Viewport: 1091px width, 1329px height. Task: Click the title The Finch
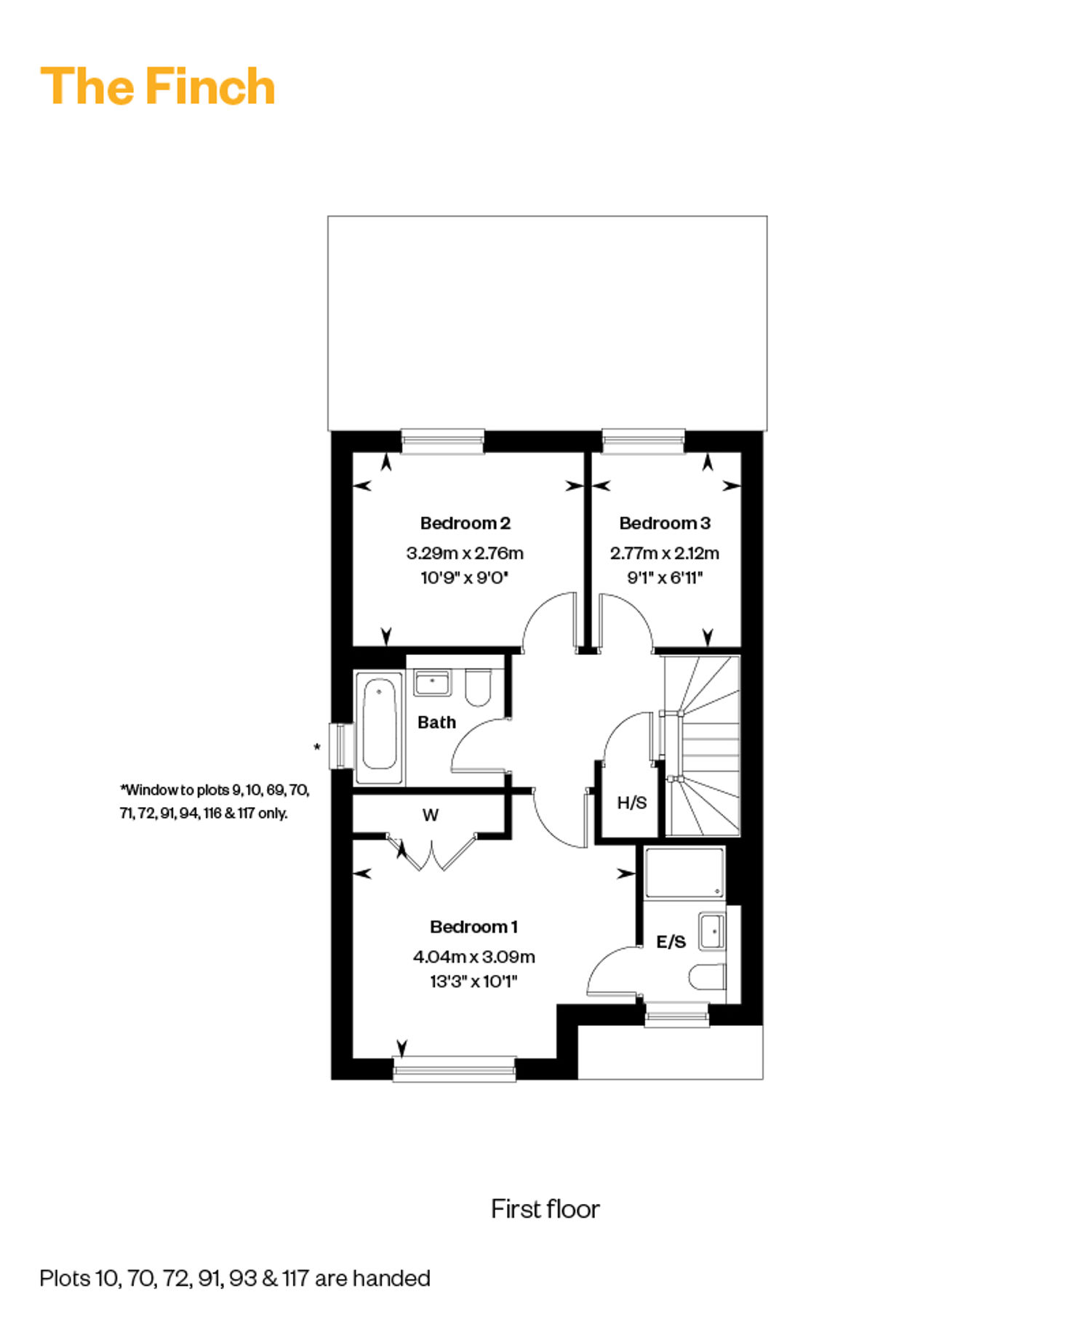(x=158, y=87)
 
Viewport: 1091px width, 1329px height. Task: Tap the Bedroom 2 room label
(x=465, y=523)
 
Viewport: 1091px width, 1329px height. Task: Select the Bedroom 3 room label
(x=665, y=523)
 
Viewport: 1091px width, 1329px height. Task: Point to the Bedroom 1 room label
(x=473, y=926)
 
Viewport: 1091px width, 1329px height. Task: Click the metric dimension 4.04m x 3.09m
(x=473, y=956)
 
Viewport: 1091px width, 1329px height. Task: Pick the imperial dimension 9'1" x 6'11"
(x=665, y=578)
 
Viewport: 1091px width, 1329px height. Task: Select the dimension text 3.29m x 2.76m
(x=465, y=553)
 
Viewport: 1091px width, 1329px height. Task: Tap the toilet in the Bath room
(x=478, y=688)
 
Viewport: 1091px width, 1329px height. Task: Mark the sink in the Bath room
(x=433, y=683)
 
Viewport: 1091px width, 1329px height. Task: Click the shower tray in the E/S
(x=684, y=872)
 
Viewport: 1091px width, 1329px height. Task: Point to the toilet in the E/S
(x=708, y=977)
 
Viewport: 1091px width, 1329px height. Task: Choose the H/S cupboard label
(x=631, y=803)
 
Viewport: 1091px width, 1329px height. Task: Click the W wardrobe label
(x=431, y=815)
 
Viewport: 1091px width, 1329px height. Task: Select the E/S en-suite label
(x=671, y=941)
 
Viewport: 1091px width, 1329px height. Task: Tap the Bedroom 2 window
(x=443, y=441)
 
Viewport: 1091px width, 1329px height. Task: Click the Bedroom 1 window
(x=455, y=1068)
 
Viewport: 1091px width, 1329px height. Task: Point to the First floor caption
(x=545, y=1209)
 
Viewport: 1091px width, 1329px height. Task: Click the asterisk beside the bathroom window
(x=316, y=747)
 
